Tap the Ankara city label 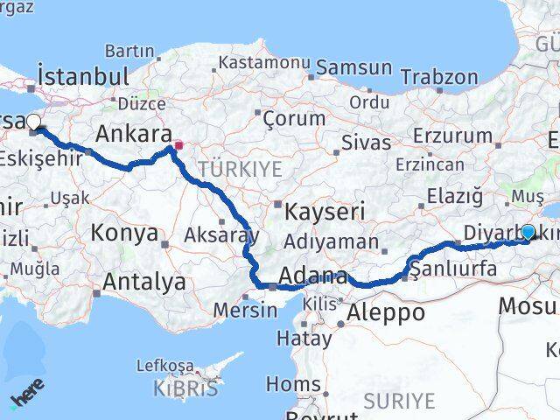click(133, 134)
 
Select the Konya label click(125, 234)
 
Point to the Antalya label click(144, 282)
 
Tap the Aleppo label click(386, 312)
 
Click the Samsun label click(353, 67)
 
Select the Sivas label click(366, 140)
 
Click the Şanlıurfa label click(453, 269)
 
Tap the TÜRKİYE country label click(240, 169)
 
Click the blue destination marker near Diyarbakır click(528, 232)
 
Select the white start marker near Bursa click(33, 122)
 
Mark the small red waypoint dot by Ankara click(178, 146)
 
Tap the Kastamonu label click(264, 63)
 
